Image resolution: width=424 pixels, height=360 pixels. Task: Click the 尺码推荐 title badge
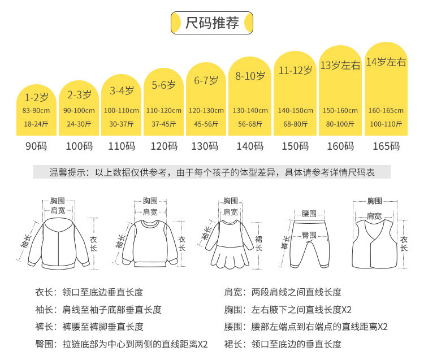click(212, 23)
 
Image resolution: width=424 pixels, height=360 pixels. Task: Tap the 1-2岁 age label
click(36, 97)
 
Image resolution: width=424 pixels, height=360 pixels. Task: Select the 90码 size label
click(36, 146)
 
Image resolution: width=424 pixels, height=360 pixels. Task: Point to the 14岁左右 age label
click(386, 63)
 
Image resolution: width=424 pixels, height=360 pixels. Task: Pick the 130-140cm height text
click(250, 111)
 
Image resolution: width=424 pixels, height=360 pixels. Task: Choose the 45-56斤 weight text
click(206, 124)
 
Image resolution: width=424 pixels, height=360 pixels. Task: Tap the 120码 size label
click(164, 146)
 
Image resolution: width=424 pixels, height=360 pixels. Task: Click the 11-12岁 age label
click(295, 71)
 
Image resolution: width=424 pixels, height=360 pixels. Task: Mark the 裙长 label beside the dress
click(258, 244)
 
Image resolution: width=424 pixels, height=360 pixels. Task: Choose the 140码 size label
click(250, 146)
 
